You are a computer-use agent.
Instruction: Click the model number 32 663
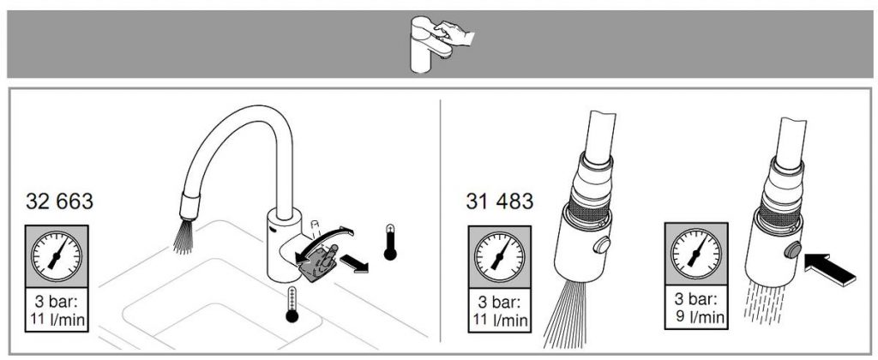coord(59,201)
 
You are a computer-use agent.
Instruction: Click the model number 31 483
coord(500,201)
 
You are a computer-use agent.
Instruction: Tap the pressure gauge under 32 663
coord(56,256)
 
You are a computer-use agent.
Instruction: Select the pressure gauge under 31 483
coord(500,257)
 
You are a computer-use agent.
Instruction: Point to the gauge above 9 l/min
coord(696,254)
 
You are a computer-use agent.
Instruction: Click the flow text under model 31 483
coord(500,311)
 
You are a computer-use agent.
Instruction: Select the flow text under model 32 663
coord(56,311)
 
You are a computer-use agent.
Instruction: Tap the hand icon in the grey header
coord(454,33)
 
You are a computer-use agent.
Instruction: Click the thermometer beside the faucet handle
coord(390,243)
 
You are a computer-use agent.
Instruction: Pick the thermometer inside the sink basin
coord(292,305)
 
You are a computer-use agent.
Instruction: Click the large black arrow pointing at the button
coord(830,269)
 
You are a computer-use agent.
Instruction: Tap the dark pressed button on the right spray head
coord(791,250)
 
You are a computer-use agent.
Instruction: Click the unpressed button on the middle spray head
coord(602,245)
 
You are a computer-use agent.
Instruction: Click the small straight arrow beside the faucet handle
coord(354,263)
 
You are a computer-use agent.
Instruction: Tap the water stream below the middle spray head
coord(567,314)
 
